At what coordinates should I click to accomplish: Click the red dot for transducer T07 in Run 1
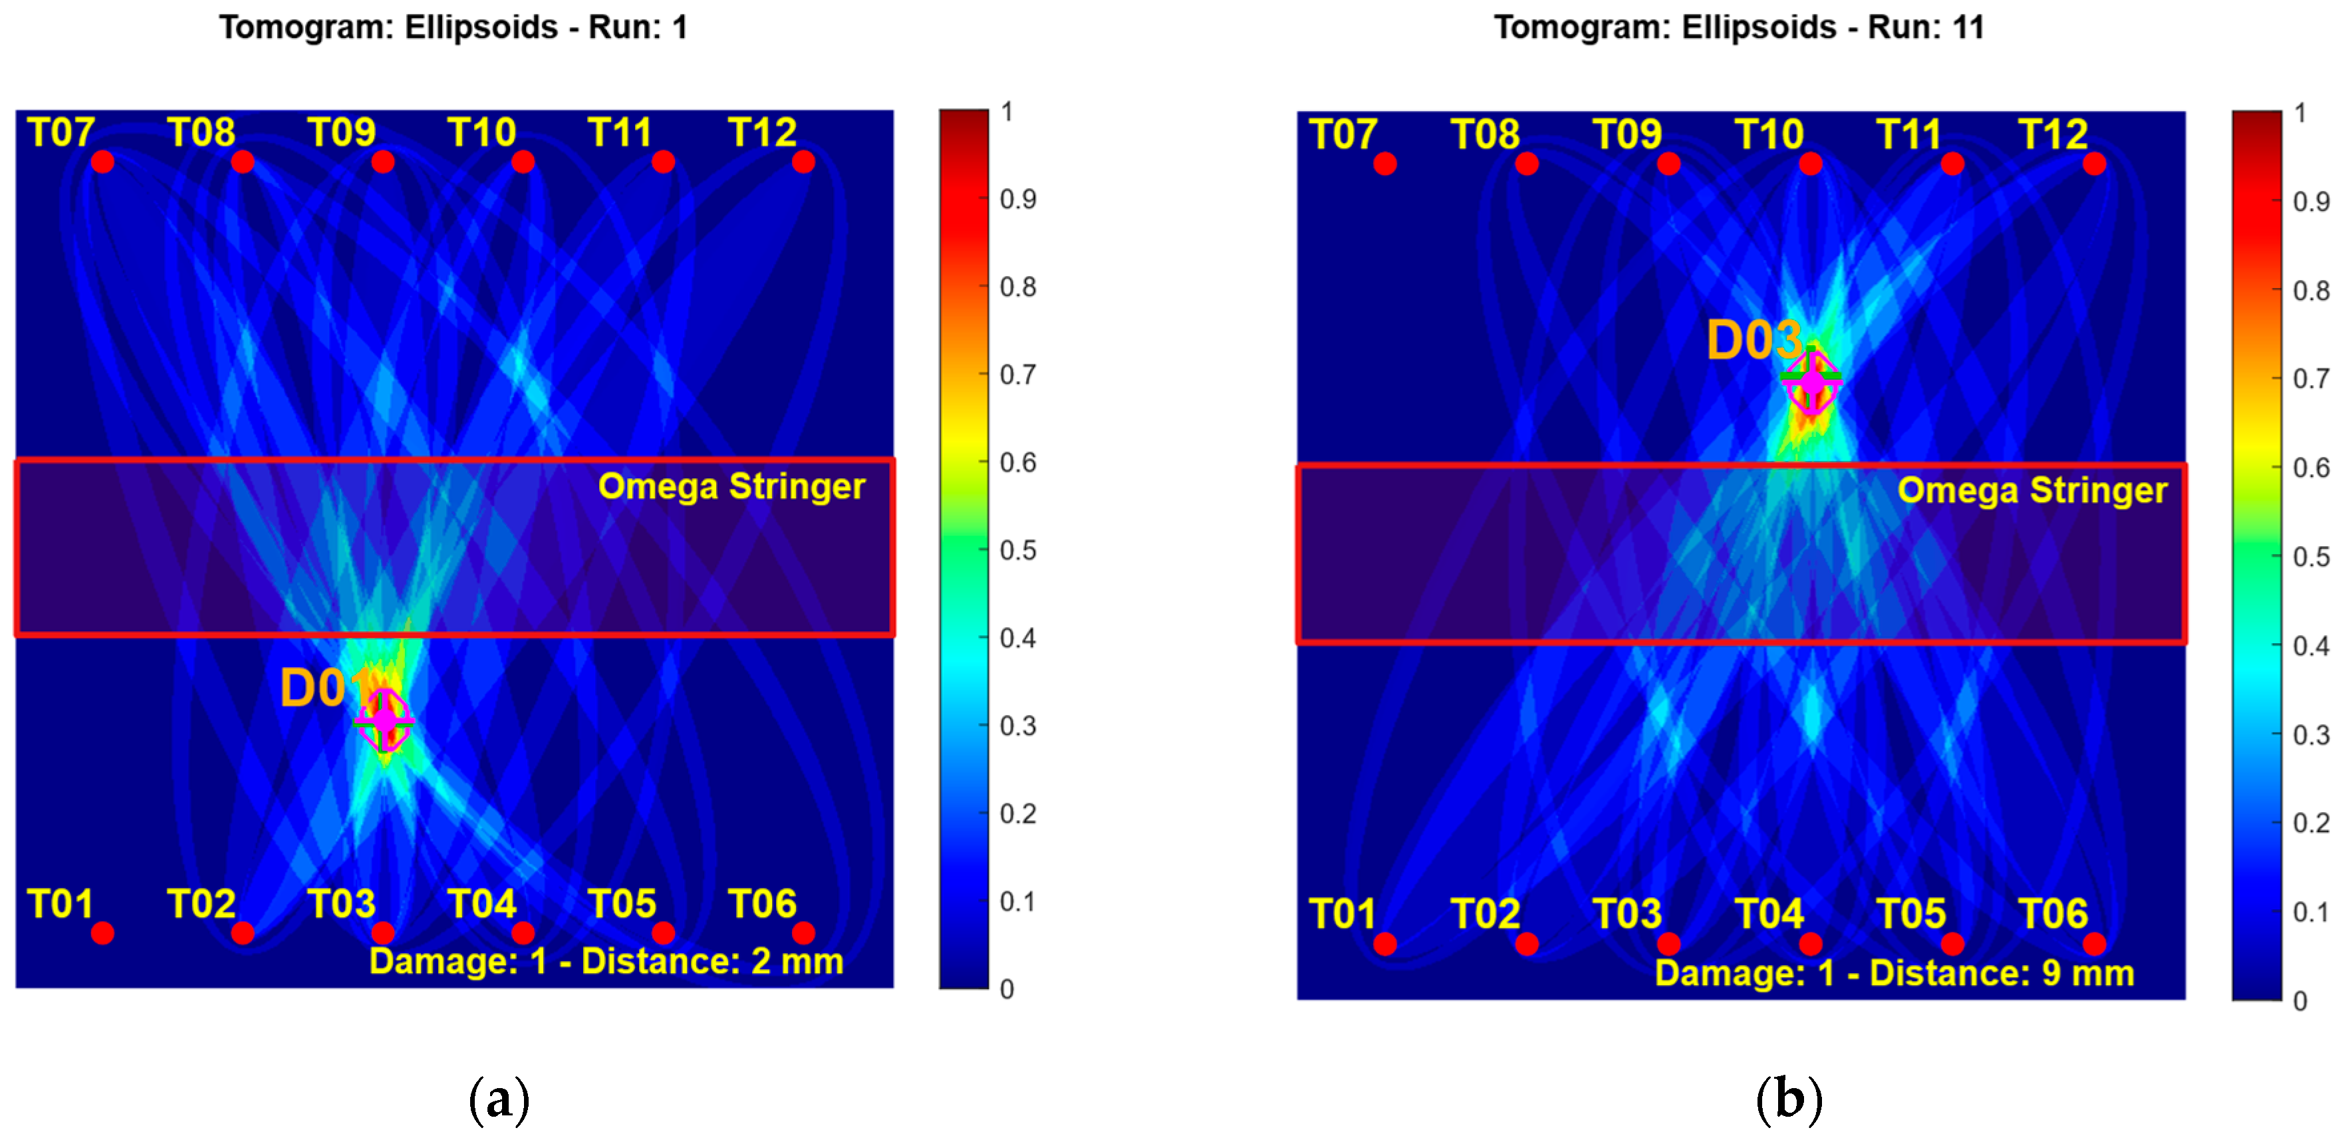pyautogui.click(x=102, y=162)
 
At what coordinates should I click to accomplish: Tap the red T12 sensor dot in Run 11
pyautogui.click(x=2094, y=164)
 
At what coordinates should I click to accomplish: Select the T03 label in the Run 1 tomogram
pyautogui.click(x=342, y=904)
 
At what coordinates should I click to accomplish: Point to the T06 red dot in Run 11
pyautogui.click(x=2094, y=944)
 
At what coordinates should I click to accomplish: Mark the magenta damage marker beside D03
pyautogui.click(x=1811, y=382)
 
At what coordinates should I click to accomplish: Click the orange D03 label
pyautogui.click(x=1754, y=341)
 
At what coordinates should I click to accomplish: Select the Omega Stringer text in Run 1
pyautogui.click(x=731, y=486)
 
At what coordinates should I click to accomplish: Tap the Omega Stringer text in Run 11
pyautogui.click(x=2032, y=490)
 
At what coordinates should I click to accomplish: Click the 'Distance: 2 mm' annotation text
pyautogui.click(x=712, y=961)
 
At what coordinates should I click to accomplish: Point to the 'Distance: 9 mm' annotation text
pyautogui.click(x=2002, y=973)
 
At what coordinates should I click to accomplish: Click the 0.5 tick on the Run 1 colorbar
pyautogui.click(x=1017, y=549)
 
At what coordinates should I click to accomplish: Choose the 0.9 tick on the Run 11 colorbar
pyautogui.click(x=2310, y=201)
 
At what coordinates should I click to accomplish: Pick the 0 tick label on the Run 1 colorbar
pyautogui.click(x=1007, y=988)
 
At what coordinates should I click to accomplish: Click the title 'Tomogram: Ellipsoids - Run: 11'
pyautogui.click(x=1739, y=27)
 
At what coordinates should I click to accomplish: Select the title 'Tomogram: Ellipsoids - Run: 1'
pyautogui.click(x=454, y=27)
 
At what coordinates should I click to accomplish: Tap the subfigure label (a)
pyautogui.click(x=499, y=1099)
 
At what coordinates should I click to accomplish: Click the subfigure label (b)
pyautogui.click(x=1789, y=1099)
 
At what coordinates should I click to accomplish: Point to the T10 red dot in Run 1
pyautogui.click(x=523, y=162)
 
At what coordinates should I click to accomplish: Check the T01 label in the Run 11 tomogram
pyautogui.click(x=1343, y=914)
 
